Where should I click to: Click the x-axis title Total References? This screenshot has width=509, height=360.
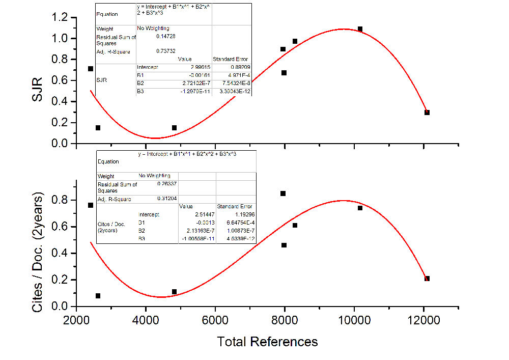pyautogui.click(x=267, y=342)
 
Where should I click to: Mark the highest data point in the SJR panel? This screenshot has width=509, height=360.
pyautogui.click(x=360, y=29)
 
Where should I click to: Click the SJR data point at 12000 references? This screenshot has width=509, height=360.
pyautogui.click(x=427, y=113)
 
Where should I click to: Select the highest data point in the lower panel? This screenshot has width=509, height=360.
pyautogui.click(x=283, y=193)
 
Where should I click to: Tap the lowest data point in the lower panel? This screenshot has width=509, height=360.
pyautogui.click(x=98, y=296)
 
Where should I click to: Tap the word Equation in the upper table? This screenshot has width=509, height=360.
pyautogui.click(x=107, y=14)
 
